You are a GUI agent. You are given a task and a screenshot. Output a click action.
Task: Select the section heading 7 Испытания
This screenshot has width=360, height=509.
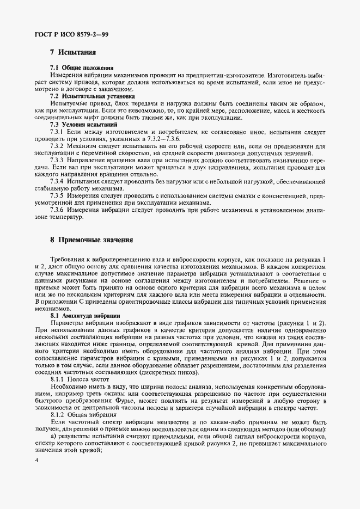point(72,53)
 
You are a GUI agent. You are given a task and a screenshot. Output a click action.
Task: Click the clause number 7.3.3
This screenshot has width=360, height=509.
point(58,161)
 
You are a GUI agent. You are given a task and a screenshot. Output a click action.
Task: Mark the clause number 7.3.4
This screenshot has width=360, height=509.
point(58,181)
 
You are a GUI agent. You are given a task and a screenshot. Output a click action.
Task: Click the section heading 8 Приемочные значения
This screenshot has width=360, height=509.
point(90,240)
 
